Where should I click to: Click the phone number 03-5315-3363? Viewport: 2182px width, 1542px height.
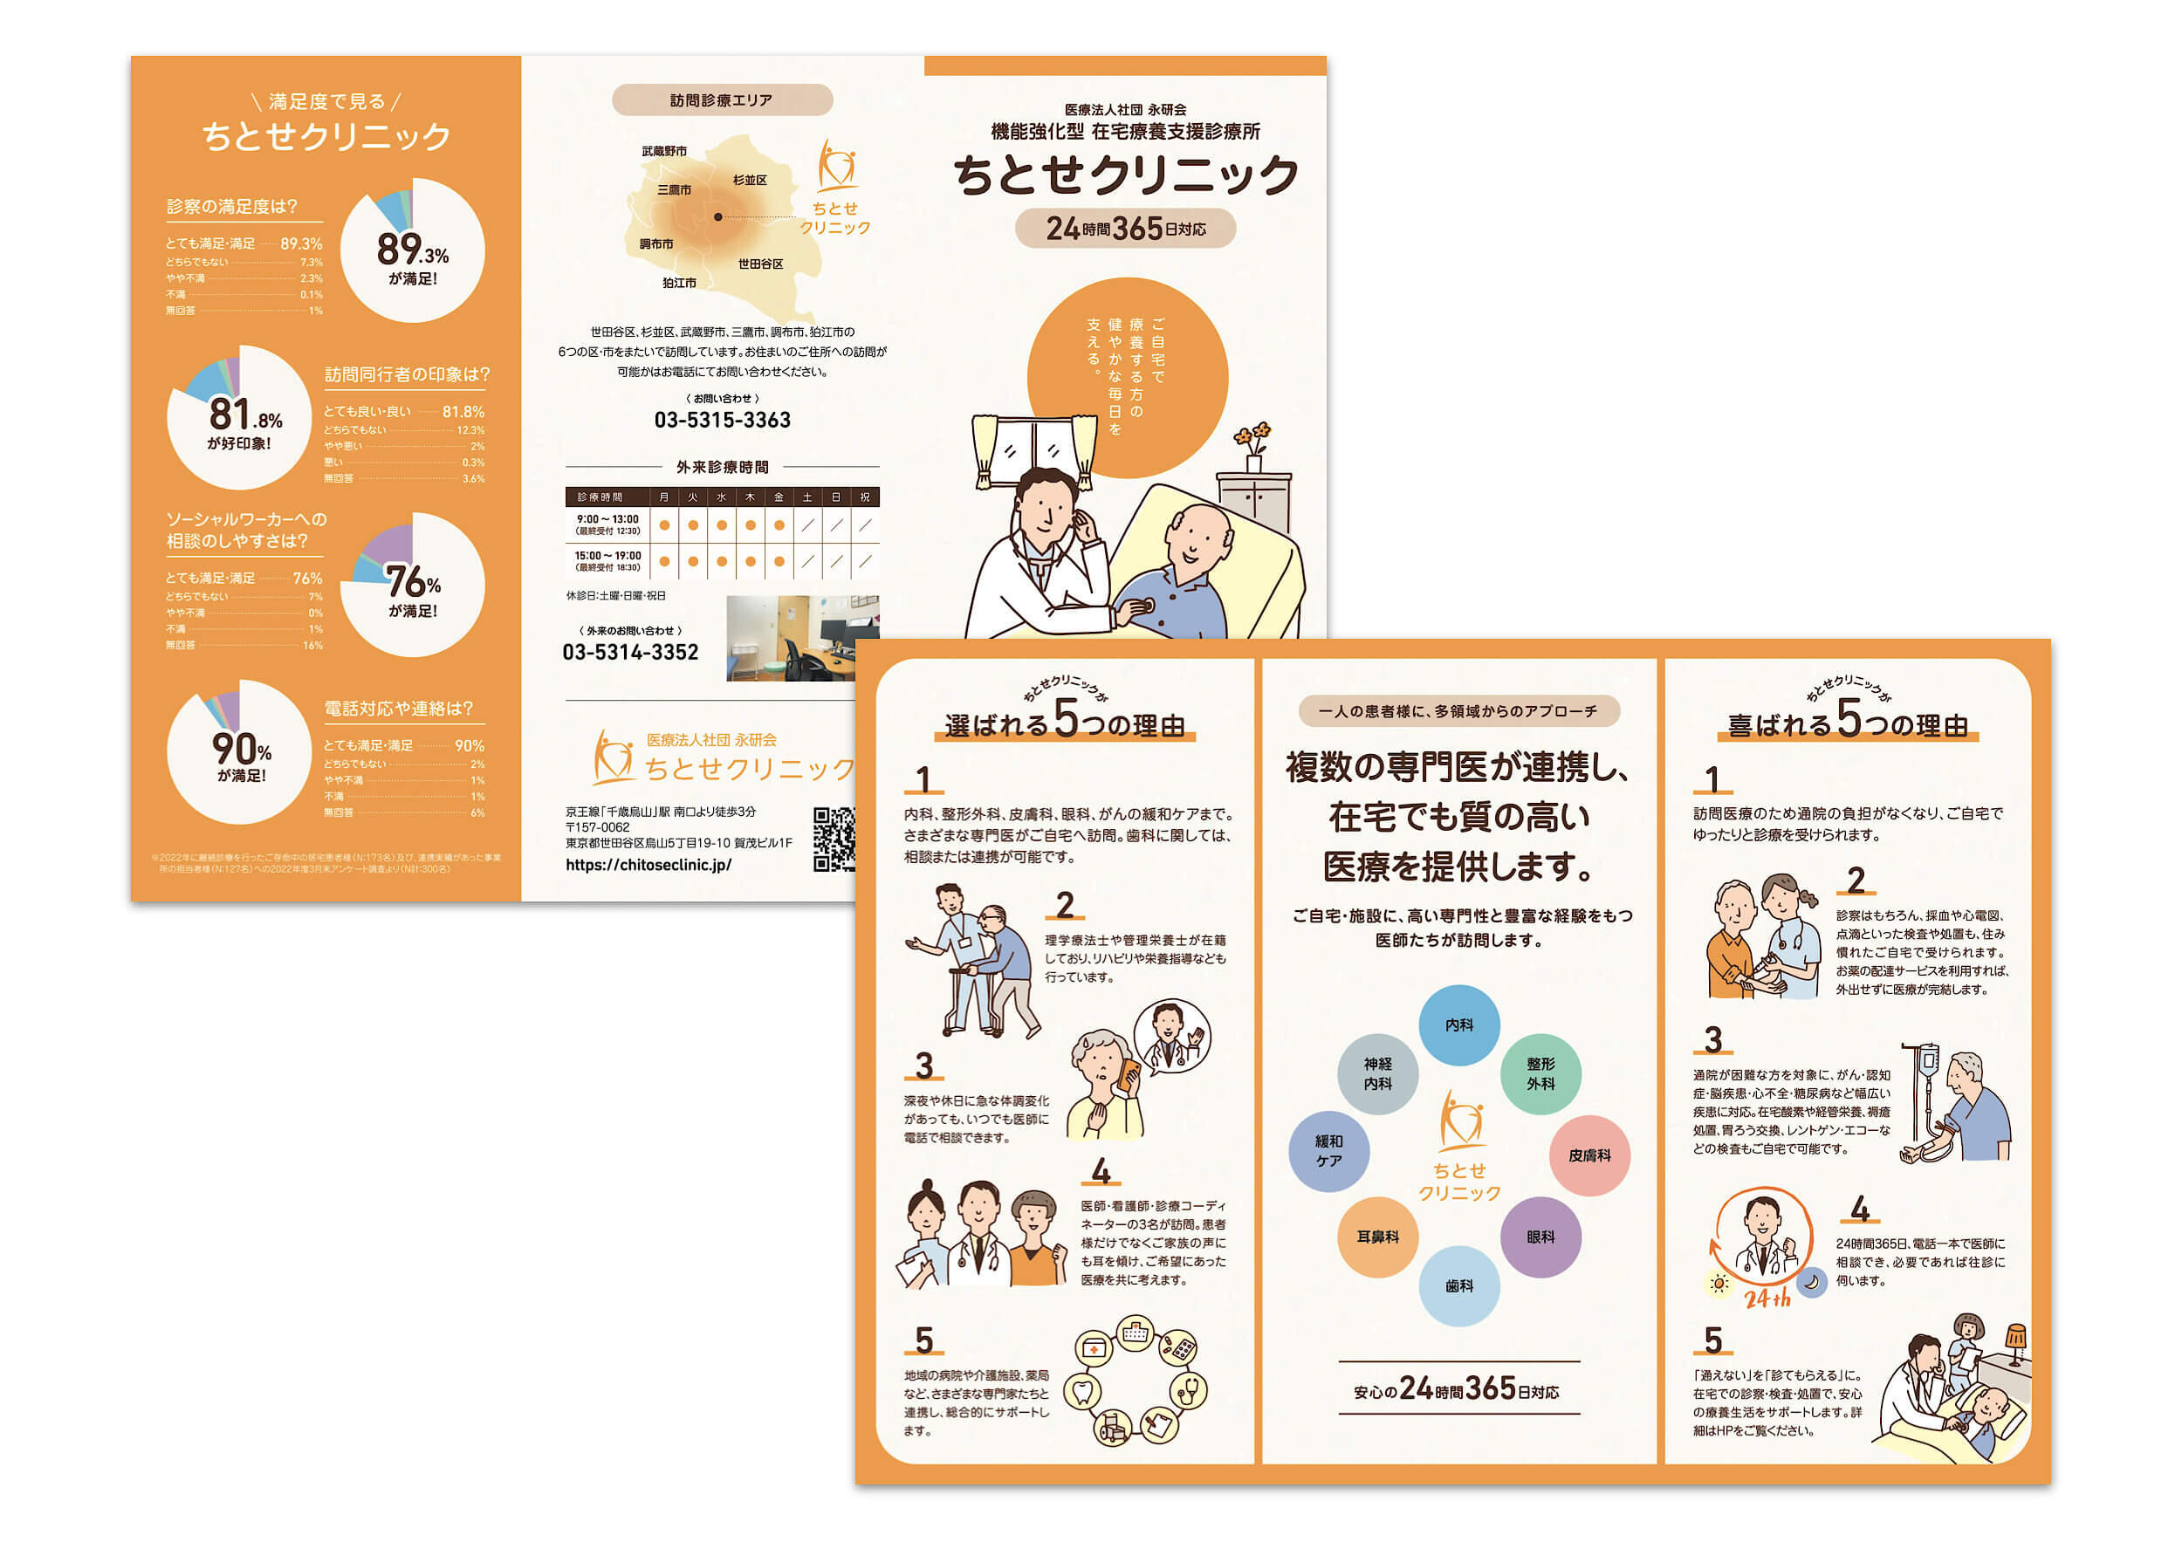(x=723, y=420)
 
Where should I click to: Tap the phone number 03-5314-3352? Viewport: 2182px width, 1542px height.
(x=630, y=652)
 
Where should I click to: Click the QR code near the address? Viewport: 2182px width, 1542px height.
(x=834, y=839)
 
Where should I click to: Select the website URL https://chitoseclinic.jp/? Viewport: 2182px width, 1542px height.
(x=648, y=865)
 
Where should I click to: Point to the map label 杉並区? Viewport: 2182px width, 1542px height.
(x=750, y=180)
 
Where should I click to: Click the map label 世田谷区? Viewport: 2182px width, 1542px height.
(x=760, y=264)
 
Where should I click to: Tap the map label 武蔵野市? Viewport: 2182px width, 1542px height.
(x=663, y=151)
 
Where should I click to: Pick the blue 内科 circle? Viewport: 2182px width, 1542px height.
(x=1458, y=1025)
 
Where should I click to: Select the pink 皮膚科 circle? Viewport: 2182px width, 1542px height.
(x=1589, y=1155)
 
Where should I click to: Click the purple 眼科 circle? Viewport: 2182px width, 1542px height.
(x=1540, y=1237)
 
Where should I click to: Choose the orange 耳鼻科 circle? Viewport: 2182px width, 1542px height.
(x=1377, y=1237)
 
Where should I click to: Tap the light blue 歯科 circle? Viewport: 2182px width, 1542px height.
(x=1458, y=1285)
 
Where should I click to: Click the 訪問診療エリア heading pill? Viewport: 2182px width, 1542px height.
(x=721, y=99)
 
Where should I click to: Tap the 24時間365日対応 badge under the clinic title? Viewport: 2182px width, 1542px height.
(x=1125, y=229)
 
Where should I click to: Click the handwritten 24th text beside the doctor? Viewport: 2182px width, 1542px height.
(x=1767, y=1298)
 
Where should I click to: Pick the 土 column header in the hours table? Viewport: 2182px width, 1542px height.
(x=806, y=497)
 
